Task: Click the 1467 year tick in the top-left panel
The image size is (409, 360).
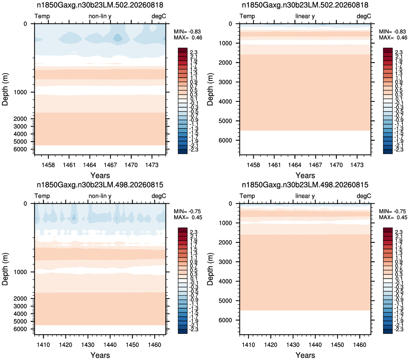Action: pyautogui.click(x=110, y=165)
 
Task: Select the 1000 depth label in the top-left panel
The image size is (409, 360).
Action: pyautogui.click(x=20, y=92)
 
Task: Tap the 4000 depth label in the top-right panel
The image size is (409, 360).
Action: pyautogui.click(x=225, y=101)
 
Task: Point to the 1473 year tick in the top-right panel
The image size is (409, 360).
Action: pyautogui.click(x=357, y=165)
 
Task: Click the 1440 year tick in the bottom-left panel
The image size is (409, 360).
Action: pyautogui.click(x=110, y=344)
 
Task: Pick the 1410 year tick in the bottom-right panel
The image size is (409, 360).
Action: pyautogui.click(x=248, y=344)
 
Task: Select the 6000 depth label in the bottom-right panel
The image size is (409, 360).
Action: pyautogui.click(x=225, y=320)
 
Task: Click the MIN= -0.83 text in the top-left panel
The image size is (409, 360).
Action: pyautogui.click(x=187, y=31)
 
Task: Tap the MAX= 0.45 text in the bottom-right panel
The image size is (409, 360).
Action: pyautogui.click(x=393, y=217)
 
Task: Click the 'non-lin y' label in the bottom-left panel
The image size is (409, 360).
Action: pyautogui.click(x=100, y=196)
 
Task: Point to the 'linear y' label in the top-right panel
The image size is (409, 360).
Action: pyautogui.click(x=305, y=16)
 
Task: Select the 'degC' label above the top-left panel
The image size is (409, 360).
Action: pyautogui.click(x=159, y=16)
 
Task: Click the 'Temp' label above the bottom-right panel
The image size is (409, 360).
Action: pyautogui.click(x=247, y=196)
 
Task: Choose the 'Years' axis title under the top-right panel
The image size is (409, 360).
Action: pyautogui.click(x=305, y=175)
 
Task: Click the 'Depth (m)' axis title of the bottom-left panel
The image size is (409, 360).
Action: pyautogui.click(x=5, y=269)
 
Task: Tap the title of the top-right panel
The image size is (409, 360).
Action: pyautogui.click(x=305, y=5)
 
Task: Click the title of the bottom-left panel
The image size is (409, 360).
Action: pyautogui.click(x=100, y=185)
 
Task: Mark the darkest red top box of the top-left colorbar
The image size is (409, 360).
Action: pyautogui.click(x=182, y=50)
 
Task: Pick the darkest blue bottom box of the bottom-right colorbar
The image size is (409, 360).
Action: pyautogui.click(x=388, y=331)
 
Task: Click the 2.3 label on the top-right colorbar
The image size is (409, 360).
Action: pyautogui.click(x=399, y=52)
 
